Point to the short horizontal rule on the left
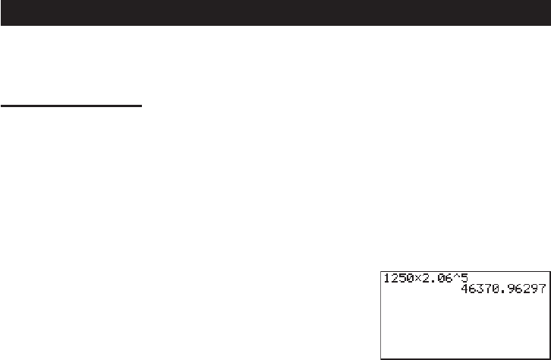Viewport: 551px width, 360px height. click(x=71, y=106)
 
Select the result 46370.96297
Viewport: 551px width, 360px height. click(x=503, y=289)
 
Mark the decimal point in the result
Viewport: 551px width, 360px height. click(x=503, y=291)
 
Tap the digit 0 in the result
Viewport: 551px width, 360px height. click(x=496, y=289)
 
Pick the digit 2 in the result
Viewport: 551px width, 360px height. click(x=526, y=289)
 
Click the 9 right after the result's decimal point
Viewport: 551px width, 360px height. click(x=511, y=289)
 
